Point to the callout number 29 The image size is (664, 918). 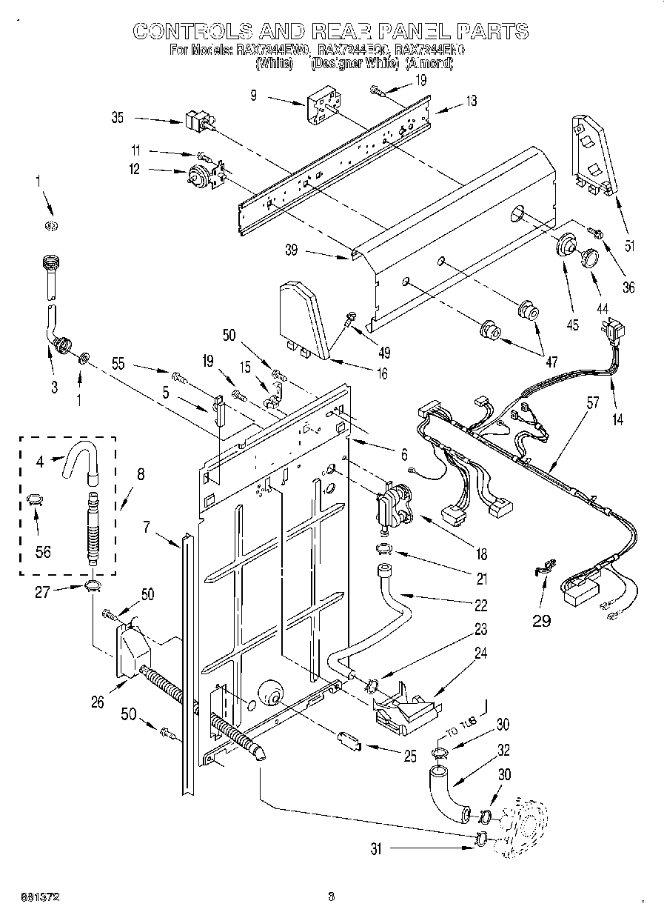[x=543, y=620]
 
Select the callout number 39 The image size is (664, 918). [x=291, y=250]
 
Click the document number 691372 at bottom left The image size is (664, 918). [x=37, y=897]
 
